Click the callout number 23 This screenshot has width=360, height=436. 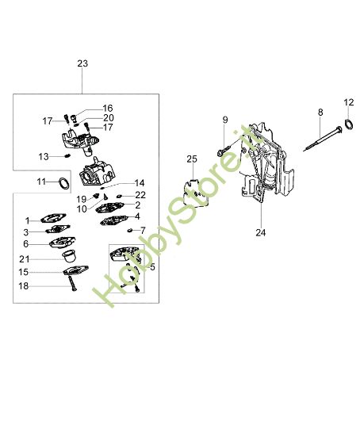coord(83,63)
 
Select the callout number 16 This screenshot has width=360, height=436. coord(108,108)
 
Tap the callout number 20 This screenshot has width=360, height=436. coord(108,117)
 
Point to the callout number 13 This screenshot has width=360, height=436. coord(44,156)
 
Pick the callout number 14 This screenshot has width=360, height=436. coord(140,182)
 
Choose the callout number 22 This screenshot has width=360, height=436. coord(140,194)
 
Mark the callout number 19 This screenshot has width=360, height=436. coord(82,198)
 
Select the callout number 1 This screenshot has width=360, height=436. coord(26,220)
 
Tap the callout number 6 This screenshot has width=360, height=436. coord(26,244)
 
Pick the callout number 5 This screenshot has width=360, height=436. coord(152,267)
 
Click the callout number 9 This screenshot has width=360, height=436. coord(224,120)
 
